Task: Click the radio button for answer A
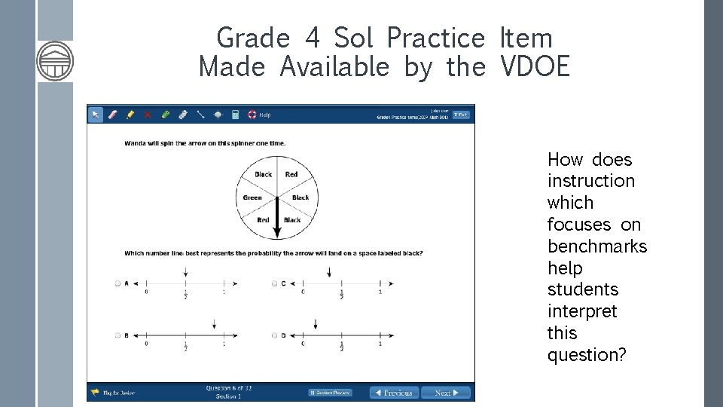click(117, 283)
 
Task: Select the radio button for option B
click(117, 335)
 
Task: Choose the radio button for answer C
click(275, 283)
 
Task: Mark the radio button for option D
click(275, 335)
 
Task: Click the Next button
click(446, 393)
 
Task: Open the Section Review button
click(330, 393)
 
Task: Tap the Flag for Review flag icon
click(96, 392)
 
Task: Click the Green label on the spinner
click(252, 197)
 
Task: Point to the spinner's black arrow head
click(276, 231)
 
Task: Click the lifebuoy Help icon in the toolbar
click(252, 115)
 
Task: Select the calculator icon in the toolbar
click(235, 115)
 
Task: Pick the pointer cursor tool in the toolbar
click(96, 115)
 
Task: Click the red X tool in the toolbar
click(148, 115)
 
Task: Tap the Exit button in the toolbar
click(461, 115)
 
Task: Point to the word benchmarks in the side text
click(596, 246)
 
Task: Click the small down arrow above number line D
click(315, 324)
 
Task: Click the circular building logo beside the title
click(56, 61)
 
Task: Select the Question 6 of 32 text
click(228, 388)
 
